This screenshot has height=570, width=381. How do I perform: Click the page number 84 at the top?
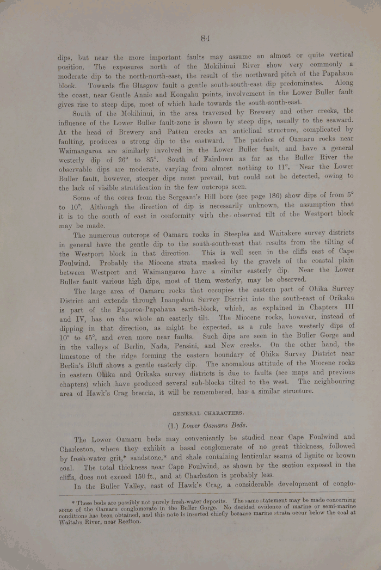tap(205, 38)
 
